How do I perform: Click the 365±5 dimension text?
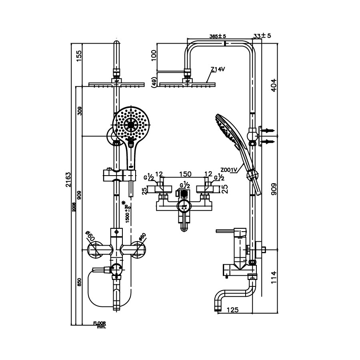coord(218,36)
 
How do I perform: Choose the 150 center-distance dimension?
coord(184,174)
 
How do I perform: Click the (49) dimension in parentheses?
coord(153,82)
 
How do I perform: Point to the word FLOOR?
coord(100,323)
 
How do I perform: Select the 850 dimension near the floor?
coord(79,282)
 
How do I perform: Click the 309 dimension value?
coord(79,111)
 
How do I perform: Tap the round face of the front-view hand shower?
coord(131,124)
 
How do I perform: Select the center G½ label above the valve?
coord(184,186)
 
